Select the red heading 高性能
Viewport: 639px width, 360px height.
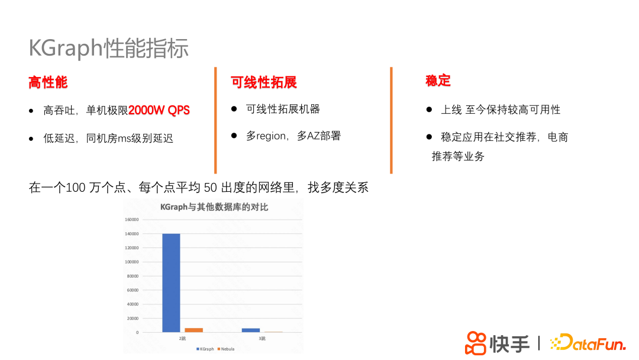tap(48, 82)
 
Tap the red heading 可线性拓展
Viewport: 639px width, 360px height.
tap(264, 82)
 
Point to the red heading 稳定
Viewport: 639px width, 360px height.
tap(438, 81)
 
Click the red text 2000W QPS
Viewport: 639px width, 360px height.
tap(159, 111)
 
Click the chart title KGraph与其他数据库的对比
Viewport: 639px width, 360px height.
tap(215, 207)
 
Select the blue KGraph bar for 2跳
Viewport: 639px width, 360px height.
tap(171, 282)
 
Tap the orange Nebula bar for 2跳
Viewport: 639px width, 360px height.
tap(193, 330)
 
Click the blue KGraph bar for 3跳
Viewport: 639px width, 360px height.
tap(251, 330)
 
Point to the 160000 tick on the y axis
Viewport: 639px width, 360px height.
tap(131, 220)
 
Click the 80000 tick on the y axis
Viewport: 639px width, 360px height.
tap(133, 276)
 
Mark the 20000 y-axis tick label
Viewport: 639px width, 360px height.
tap(133, 319)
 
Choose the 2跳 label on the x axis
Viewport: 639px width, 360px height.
tap(183, 338)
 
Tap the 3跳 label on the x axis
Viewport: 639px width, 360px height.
tap(262, 338)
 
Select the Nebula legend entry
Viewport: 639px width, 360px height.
tap(227, 349)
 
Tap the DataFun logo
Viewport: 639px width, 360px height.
tap(587, 342)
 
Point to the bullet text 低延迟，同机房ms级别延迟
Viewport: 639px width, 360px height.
tap(108, 139)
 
